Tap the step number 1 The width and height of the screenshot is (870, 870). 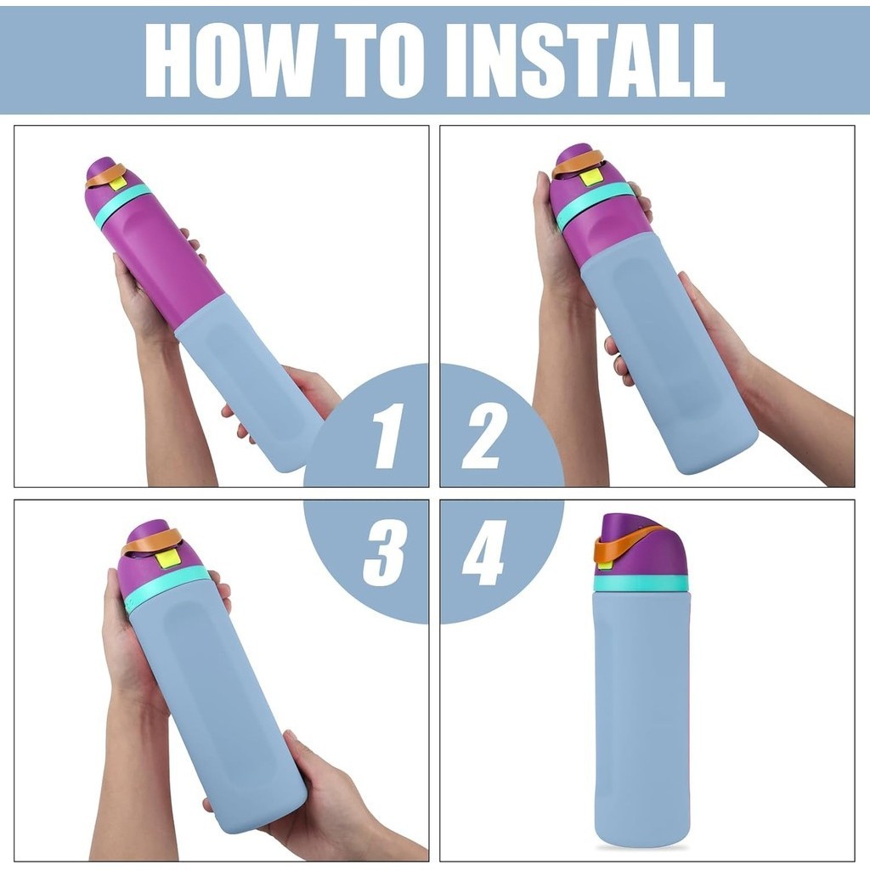click(x=387, y=436)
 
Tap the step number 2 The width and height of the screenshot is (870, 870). click(x=483, y=436)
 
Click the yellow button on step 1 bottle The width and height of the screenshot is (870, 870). click(x=117, y=182)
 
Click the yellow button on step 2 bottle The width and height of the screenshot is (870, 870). click(x=591, y=178)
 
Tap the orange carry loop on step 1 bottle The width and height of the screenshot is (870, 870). click(x=107, y=172)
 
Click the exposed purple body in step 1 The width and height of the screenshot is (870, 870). click(x=167, y=255)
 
